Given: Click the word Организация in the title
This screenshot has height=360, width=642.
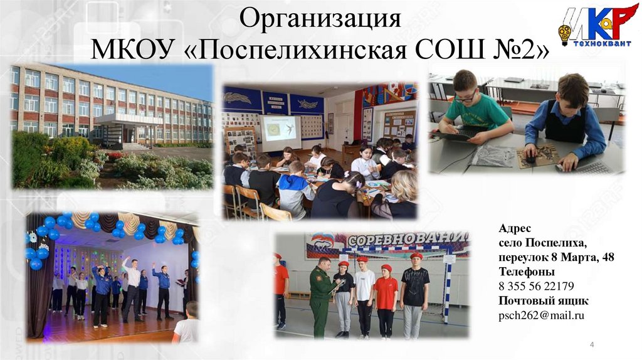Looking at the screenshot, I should click(x=320, y=19).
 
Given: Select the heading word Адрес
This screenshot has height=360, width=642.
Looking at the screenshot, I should click(x=514, y=228).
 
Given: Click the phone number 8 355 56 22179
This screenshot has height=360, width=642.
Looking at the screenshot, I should click(x=536, y=287).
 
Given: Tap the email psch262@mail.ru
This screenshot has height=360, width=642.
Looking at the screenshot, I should click(x=541, y=315).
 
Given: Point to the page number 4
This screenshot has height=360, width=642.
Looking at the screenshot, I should click(x=592, y=345).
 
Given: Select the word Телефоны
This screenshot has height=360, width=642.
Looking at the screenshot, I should click(x=526, y=272).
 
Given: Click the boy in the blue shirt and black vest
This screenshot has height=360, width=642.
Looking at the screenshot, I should click(x=566, y=123).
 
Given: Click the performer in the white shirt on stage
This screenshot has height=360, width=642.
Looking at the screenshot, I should click(x=131, y=289).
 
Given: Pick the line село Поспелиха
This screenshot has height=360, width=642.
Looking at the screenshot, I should click(x=542, y=243).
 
